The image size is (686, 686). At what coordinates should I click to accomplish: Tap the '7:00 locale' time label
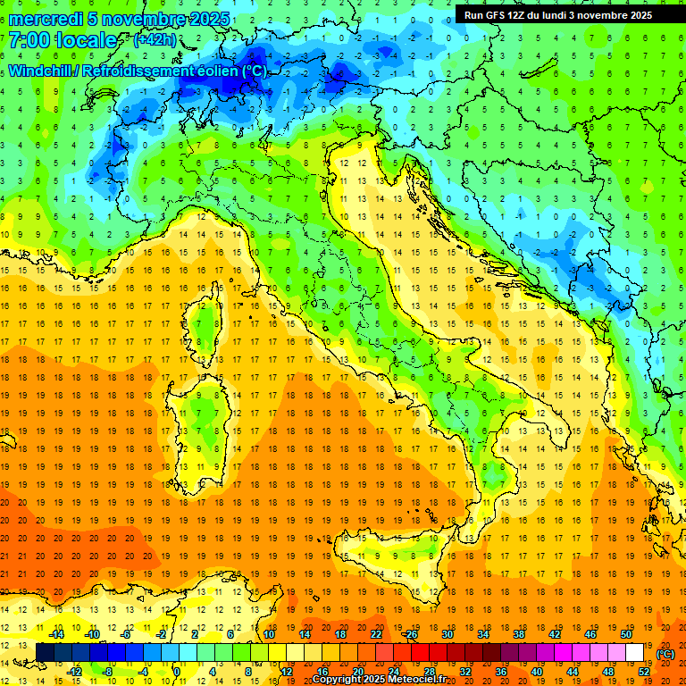pos(63,40)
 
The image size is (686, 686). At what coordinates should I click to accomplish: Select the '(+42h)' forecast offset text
pos(155,40)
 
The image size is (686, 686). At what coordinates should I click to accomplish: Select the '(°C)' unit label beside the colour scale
pos(665,654)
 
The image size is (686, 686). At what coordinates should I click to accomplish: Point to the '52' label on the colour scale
pos(644,672)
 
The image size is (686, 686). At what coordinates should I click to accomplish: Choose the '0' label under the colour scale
pos(176,672)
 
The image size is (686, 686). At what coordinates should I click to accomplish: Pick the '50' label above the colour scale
pos(626,634)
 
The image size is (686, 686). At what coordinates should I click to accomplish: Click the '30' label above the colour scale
pos(447,634)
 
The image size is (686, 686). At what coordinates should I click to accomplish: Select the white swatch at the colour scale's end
pos(635,653)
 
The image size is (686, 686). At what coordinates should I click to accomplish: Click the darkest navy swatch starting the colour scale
pos(46,653)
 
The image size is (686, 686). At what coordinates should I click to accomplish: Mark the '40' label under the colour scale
pos(536,672)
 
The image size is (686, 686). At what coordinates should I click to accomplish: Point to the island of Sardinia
pos(204,420)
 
